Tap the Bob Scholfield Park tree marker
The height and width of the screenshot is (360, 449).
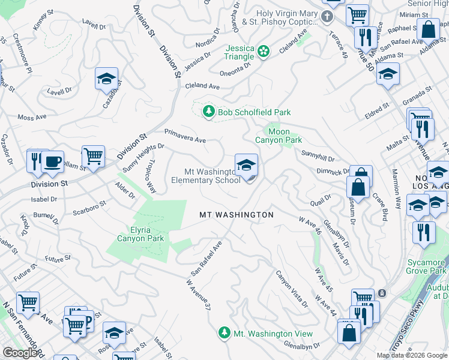point(208,112)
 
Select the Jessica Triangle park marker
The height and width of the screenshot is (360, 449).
point(263,52)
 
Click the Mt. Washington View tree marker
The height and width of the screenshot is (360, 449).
point(224,333)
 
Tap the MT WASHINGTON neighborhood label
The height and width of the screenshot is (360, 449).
point(237,215)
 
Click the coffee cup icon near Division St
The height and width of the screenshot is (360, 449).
point(52,161)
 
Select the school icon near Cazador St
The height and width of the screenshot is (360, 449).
point(106,79)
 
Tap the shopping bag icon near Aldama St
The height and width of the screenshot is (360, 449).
point(429,29)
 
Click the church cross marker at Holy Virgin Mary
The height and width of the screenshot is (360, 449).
point(327,16)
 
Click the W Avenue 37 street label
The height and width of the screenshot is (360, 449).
point(199,295)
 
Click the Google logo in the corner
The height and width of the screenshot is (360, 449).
point(19,353)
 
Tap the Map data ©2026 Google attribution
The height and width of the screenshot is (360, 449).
point(412,355)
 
